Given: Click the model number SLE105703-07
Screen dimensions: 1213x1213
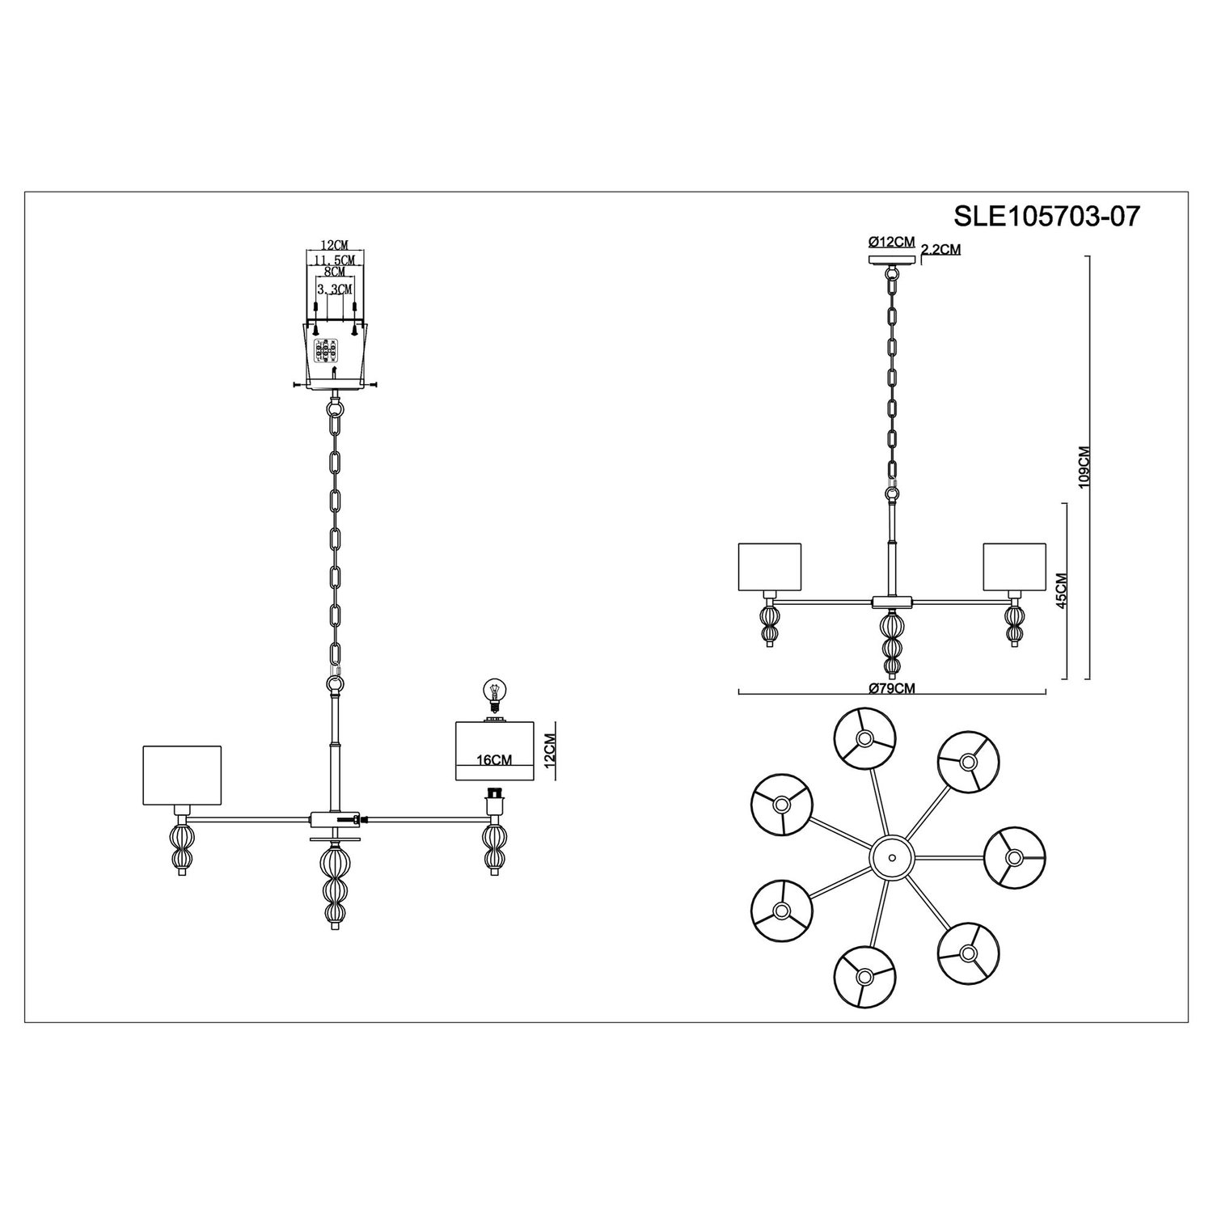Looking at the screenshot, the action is click(1047, 216).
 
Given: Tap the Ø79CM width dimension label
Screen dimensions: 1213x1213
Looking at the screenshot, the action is click(893, 687).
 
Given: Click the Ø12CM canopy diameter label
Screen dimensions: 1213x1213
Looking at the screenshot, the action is click(891, 242).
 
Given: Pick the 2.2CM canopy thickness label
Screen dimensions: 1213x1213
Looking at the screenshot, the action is click(942, 250).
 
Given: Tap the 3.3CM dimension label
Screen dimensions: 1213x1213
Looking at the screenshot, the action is click(334, 289).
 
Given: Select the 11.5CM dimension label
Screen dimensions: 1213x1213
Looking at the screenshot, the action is click(334, 259).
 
